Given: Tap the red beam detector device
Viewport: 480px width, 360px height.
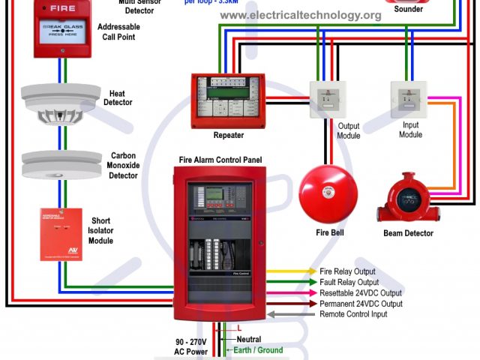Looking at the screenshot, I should [408, 200].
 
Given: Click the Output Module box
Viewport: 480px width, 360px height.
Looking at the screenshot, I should [328, 100].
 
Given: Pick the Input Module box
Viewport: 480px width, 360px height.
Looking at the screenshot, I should [409, 99].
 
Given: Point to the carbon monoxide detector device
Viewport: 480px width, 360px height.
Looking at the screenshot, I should [61, 166].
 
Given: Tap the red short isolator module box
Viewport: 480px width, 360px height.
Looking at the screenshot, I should [61, 234].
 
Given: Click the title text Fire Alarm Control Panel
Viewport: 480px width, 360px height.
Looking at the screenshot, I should [220, 160].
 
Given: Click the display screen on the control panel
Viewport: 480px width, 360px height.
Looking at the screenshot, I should [214, 193].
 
